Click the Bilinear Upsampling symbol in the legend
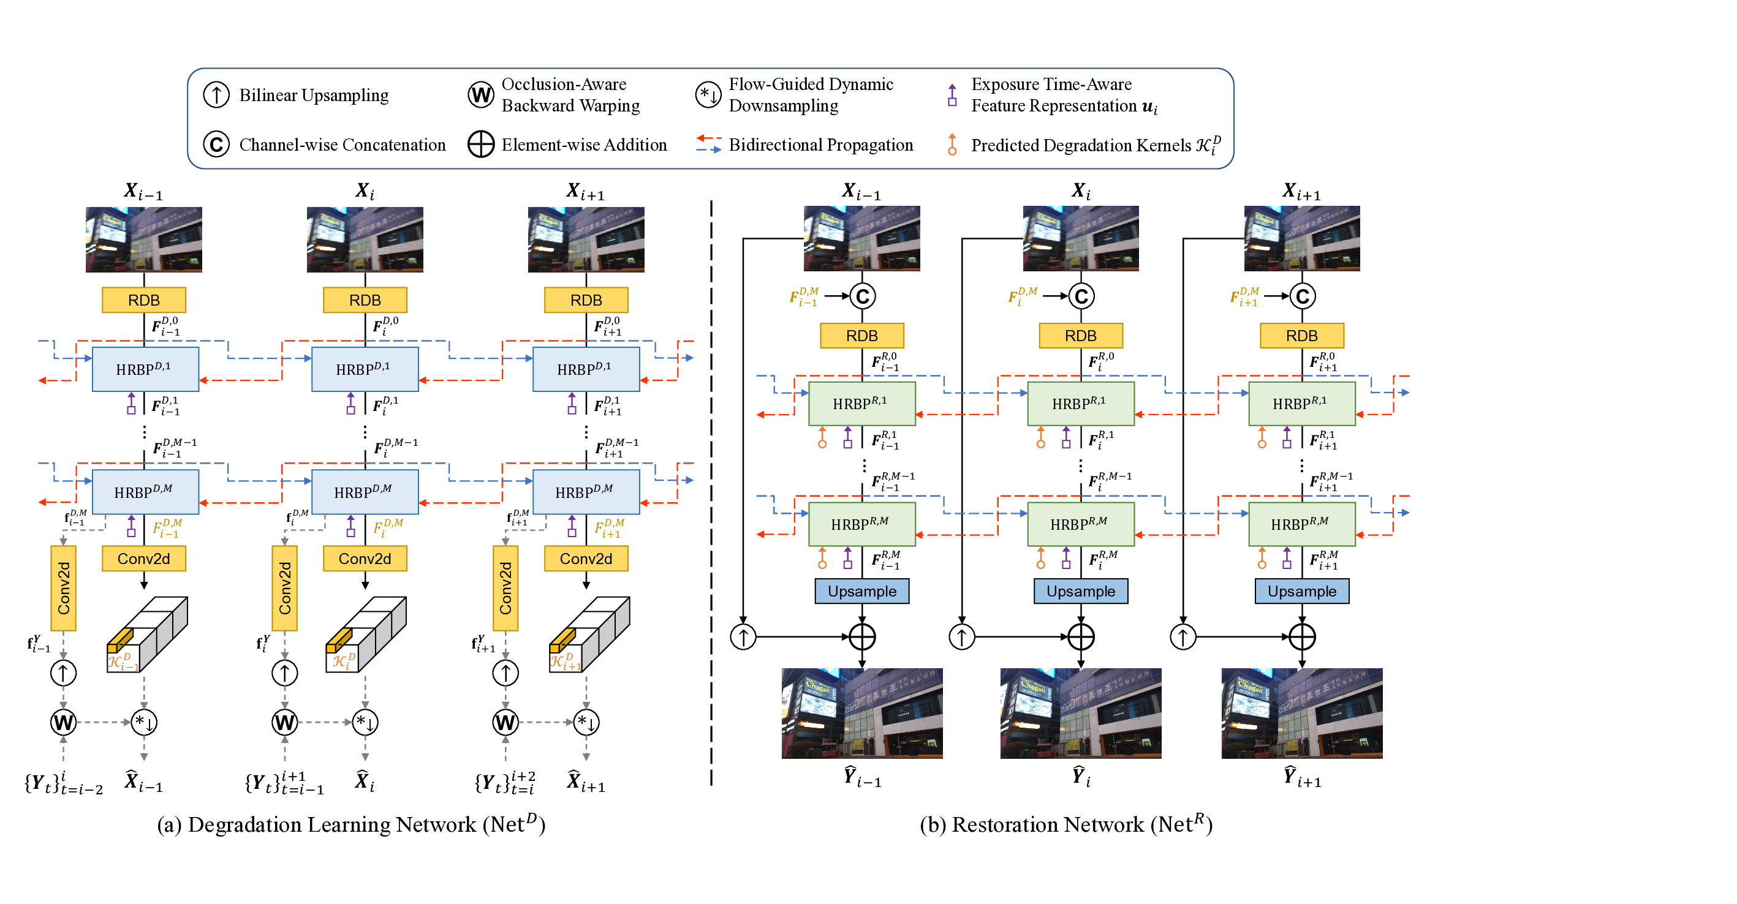point(216,95)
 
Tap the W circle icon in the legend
point(481,95)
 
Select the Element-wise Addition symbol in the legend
point(481,145)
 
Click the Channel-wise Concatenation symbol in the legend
point(216,145)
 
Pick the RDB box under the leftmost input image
point(143,300)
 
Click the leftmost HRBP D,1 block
point(145,369)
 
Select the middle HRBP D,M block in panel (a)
point(365,492)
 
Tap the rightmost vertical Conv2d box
point(505,588)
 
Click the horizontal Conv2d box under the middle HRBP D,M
point(365,559)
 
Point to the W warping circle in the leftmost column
point(63,723)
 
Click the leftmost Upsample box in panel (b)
point(861,591)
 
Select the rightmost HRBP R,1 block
point(1301,404)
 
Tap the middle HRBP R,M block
point(1080,524)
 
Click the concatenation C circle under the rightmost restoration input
point(1302,296)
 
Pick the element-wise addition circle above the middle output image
point(1081,636)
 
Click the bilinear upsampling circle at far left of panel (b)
point(743,636)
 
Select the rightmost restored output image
point(1301,714)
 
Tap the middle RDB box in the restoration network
point(1080,336)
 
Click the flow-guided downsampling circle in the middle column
point(365,723)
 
